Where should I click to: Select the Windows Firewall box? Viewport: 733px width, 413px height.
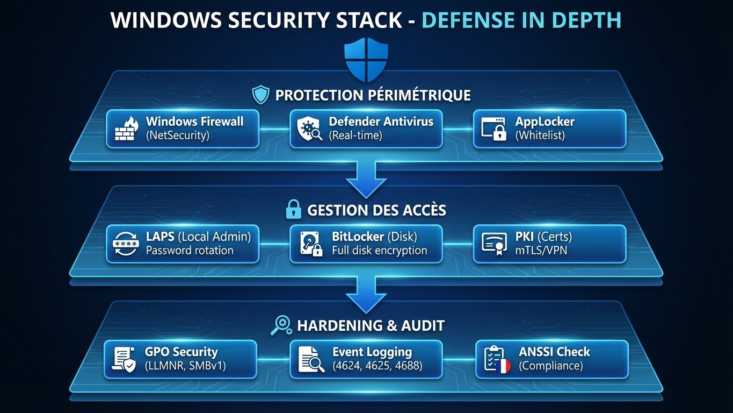click(x=183, y=129)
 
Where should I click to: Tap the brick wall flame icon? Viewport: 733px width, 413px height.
click(x=126, y=129)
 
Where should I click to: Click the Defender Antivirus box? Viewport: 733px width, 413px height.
click(x=366, y=129)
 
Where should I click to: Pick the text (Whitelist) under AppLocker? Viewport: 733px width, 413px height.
click(x=540, y=136)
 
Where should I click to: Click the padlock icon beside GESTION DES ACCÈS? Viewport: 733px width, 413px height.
click(x=293, y=210)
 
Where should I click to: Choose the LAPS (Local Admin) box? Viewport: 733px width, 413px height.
click(x=183, y=244)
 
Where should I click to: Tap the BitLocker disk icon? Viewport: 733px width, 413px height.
click(x=311, y=244)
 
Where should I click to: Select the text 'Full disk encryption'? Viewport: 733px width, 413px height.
click(x=379, y=251)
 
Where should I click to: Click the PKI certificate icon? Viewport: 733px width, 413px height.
click(x=495, y=244)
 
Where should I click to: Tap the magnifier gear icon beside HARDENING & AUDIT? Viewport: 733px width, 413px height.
click(x=281, y=325)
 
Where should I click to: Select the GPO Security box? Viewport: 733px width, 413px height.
click(x=180, y=359)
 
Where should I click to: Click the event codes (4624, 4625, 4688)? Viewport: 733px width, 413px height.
click(x=377, y=366)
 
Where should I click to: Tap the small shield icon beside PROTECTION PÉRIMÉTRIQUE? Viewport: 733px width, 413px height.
click(x=260, y=96)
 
